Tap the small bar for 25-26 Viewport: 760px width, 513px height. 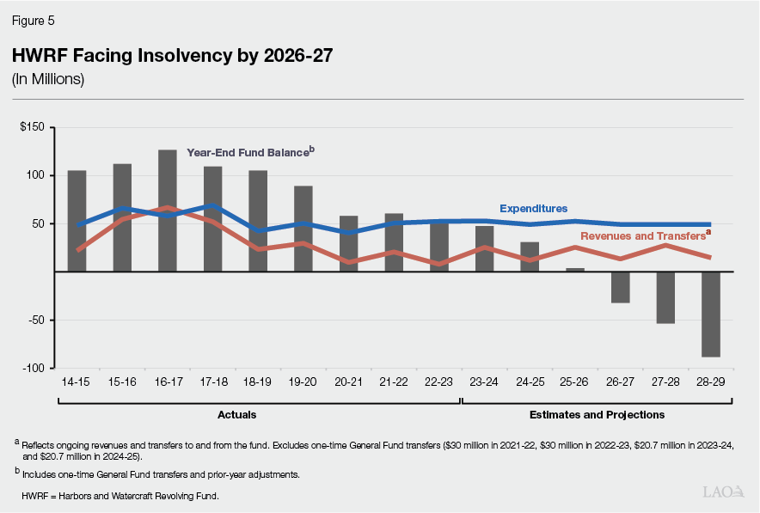point(575,270)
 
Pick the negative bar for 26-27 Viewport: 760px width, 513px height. point(621,287)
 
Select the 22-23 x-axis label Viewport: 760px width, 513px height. point(438,382)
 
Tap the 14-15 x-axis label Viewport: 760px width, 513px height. point(77,382)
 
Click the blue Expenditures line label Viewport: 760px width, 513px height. point(533,208)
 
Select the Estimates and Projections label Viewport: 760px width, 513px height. point(598,415)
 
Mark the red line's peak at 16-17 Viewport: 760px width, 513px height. point(168,208)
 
